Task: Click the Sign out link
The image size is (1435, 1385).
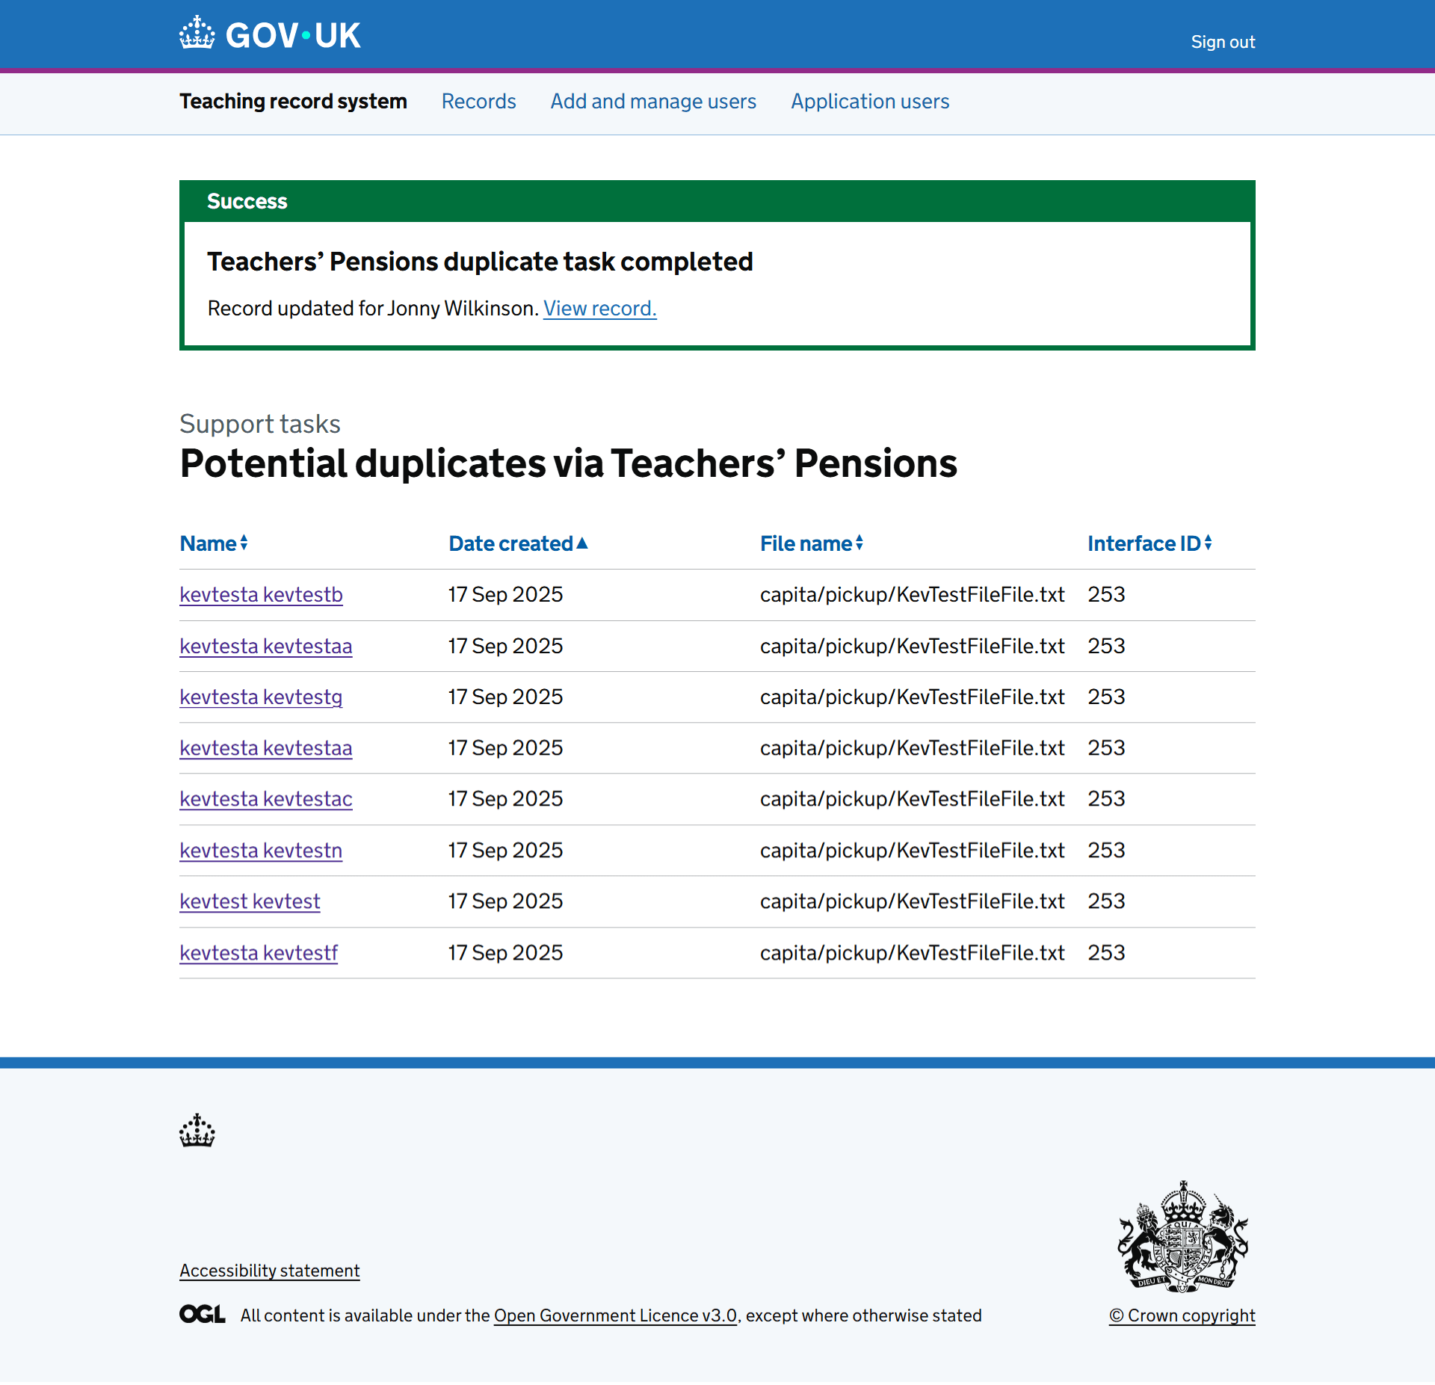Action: pyautogui.click(x=1223, y=42)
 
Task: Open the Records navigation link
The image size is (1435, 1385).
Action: pyautogui.click(x=478, y=101)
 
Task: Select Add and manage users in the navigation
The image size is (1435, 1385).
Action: pyautogui.click(x=653, y=101)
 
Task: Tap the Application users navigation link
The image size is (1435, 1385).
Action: pyautogui.click(x=870, y=101)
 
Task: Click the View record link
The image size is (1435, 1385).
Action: pyautogui.click(x=599, y=308)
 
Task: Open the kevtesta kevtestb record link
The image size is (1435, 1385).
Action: pyautogui.click(x=261, y=594)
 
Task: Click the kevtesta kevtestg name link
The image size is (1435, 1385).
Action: pyautogui.click(x=261, y=697)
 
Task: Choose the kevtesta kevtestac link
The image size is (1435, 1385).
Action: pyautogui.click(x=265, y=799)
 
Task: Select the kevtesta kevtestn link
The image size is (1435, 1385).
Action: pyautogui.click(x=261, y=851)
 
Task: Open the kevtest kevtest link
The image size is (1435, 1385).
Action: pyautogui.click(x=250, y=901)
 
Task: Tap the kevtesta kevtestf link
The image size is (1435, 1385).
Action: pyautogui.click(x=259, y=953)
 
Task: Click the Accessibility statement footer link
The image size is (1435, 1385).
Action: pyautogui.click(x=269, y=1271)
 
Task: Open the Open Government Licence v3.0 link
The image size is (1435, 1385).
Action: pyautogui.click(x=615, y=1315)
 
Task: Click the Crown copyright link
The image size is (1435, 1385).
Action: pyautogui.click(x=1182, y=1315)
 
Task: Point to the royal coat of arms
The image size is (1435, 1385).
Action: pyautogui.click(x=1182, y=1237)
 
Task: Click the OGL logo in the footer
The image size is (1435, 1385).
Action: pyautogui.click(x=202, y=1314)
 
